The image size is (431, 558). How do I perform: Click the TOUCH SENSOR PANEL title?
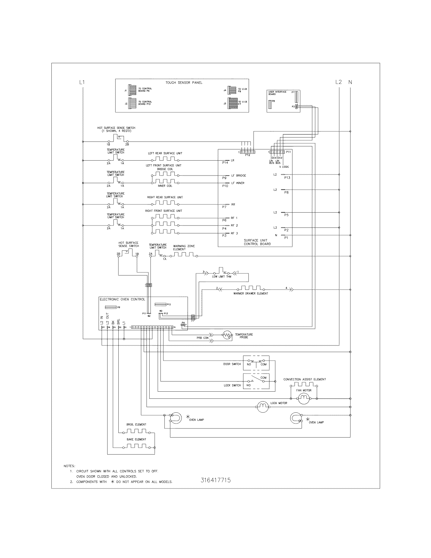[x=184, y=83]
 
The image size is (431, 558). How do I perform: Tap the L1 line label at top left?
[x=82, y=82]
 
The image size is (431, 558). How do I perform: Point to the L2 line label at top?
[x=338, y=82]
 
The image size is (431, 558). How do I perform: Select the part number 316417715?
[x=216, y=480]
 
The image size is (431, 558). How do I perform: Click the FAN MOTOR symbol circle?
[x=304, y=398]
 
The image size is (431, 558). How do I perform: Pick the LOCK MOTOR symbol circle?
[x=262, y=407]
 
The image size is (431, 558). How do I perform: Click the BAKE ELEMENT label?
[x=136, y=439]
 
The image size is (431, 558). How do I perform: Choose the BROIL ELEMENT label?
[x=136, y=424]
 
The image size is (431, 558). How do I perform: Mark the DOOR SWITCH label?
[x=232, y=364]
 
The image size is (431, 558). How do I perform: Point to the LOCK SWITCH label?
[x=232, y=385]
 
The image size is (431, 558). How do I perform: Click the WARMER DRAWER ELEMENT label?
[x=250, y=293]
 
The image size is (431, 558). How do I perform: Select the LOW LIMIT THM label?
[x=221, y=276]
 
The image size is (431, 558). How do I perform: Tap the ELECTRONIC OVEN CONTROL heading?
[x=122, y=300]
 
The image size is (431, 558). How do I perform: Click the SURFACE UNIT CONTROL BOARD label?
[x=257, y=242]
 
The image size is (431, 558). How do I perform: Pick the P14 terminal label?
[x=225, y=163]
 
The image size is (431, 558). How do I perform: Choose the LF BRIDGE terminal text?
[x=239, y=176]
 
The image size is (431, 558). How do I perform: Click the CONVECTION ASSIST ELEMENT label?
[x=304, y=379]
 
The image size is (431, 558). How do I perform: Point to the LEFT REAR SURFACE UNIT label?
[x=165, y=153]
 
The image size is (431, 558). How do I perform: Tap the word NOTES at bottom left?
[x=69, y=466]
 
